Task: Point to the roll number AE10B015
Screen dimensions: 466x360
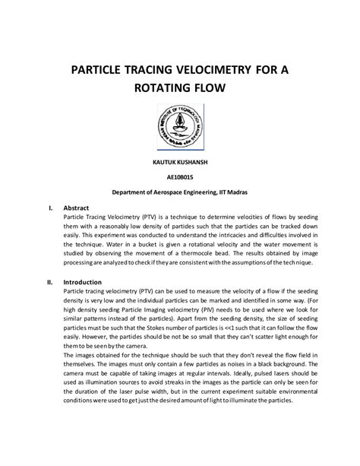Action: (179, 178)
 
